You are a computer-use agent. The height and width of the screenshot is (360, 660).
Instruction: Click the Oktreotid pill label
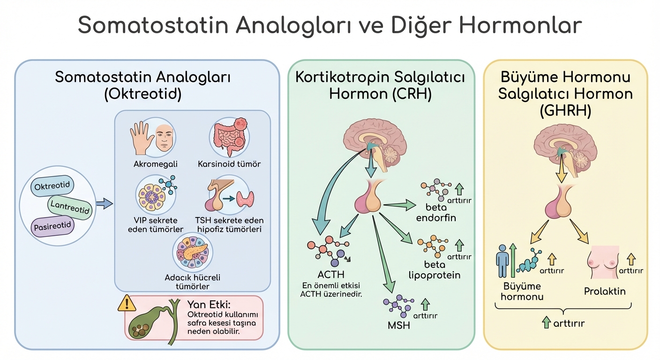(52, 186)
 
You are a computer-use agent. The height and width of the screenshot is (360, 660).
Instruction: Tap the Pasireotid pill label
(52, 226)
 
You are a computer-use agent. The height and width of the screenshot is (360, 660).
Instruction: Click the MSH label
(399, 324)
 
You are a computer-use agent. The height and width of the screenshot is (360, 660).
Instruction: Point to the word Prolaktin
(605, 291)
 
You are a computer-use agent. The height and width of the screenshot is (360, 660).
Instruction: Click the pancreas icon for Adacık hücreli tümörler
(193, 254)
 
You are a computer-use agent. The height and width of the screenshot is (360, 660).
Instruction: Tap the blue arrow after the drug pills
(104, 203)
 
